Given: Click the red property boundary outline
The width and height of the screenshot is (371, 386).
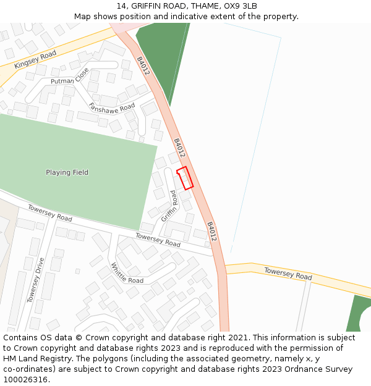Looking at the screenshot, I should pos(185,177).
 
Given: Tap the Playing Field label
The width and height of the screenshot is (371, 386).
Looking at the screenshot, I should pos(67,172).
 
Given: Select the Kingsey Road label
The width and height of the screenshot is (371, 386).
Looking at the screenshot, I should pos(35,59).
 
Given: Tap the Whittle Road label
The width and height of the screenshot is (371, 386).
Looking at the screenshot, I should pos(127,273).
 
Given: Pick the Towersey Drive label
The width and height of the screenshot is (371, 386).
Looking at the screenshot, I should pos(35,280).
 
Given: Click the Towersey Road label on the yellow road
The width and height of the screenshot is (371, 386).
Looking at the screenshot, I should pos(288,274).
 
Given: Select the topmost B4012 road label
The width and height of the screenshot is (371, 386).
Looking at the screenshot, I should pos(143,65).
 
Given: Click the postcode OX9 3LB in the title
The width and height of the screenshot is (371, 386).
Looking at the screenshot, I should pos(239,6).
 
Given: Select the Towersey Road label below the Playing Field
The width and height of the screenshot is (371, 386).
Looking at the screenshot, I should pos(49,212).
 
